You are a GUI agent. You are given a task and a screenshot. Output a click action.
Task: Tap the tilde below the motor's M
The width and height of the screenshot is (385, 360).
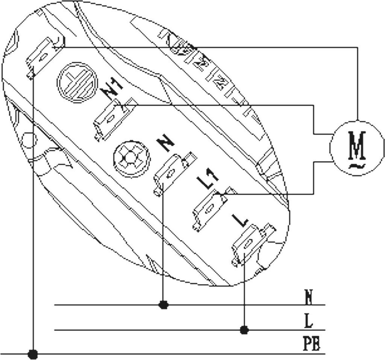pos(357,166)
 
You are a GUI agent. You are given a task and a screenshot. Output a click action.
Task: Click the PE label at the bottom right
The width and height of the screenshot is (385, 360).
pos(312,344)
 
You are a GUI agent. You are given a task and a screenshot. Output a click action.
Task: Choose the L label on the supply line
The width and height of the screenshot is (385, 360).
pos(309,321)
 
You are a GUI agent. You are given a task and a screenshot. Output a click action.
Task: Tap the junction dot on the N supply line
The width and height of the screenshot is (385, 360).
pos(163,305)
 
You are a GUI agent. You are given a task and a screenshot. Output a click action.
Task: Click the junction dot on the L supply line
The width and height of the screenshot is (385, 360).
pos(244,330)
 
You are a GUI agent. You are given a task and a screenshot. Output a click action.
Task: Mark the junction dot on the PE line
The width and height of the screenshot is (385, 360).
pos(33,354)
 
